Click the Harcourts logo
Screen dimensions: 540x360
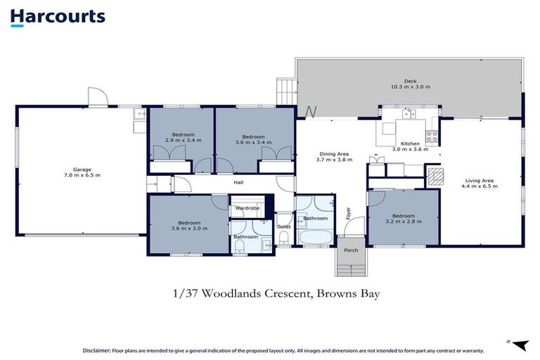click(58, 17)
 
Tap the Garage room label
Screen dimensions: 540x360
click(82, 169)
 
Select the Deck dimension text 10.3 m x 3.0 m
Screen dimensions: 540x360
click(410, 86)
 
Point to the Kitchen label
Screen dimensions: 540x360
click(410, 143)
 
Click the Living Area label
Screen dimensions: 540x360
click(480, 181)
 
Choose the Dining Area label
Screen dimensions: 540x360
click(334, 154)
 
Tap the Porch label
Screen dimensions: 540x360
click(351, 250)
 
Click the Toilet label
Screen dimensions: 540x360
click(284, 226)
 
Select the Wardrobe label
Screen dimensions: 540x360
click(247, 208)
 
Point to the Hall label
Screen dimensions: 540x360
click(238, 182)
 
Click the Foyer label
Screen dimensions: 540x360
click(348, 213)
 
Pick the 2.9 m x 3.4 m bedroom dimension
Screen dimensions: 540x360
click(184, 140)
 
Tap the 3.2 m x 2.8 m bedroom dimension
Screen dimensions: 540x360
click(404, 221)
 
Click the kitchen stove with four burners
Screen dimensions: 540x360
click(432, 136)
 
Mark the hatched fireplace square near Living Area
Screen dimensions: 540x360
click(435, 176)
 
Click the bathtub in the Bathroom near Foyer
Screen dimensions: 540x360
click(316, 238)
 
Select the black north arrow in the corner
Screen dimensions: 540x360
click(520, 345)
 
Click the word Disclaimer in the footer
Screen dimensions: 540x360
click(97, 351)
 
